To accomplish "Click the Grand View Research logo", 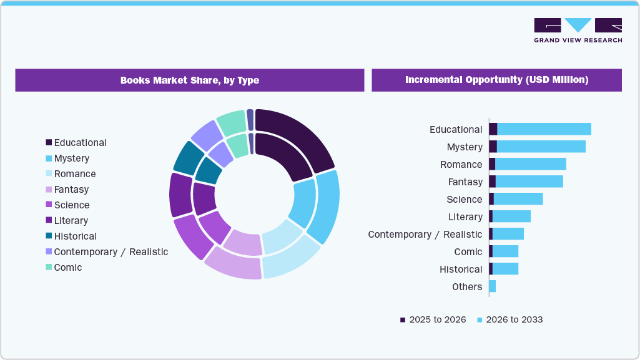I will point(578,31).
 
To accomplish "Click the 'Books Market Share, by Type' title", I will point(189,80).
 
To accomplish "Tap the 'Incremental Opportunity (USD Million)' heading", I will point(496,80).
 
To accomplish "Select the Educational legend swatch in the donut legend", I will point(49,143).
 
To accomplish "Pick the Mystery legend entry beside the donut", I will point(71,158).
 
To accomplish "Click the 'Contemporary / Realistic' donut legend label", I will point(111,252).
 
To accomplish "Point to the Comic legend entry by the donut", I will point(67,268).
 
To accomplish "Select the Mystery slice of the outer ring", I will point(327,206).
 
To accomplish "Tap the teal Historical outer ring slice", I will point(188,158).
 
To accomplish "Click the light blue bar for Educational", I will point(543,129).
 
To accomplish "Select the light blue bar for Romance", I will point(530,164).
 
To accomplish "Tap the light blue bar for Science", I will point(518,199).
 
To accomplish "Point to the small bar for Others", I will point(492,286).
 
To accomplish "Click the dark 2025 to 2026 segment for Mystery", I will point(493,147).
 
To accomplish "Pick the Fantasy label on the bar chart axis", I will point(465,182).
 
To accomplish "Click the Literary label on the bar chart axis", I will point(465,217).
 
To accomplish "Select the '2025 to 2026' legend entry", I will point(433,319).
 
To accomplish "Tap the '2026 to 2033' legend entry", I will point(510,319).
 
